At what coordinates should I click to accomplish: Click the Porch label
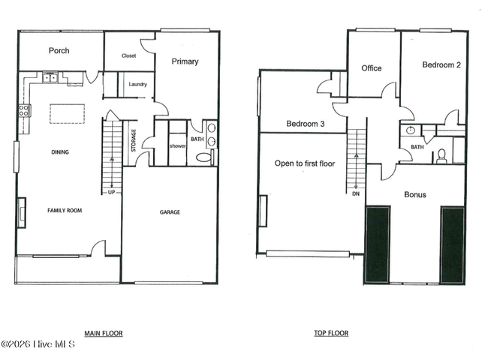[59, 50]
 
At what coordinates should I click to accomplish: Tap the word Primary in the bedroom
[185, 61]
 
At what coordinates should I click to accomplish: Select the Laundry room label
[137, 84]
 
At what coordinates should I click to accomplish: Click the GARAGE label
[170, 212]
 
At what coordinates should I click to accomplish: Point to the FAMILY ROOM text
[65, 211]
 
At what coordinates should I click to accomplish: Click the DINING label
[60, 152]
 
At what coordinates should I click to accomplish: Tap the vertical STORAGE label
[134, 140]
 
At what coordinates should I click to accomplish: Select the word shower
[178, 145]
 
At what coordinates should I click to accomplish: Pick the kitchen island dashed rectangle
[68, 114]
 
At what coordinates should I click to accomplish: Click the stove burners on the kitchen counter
[24, 111]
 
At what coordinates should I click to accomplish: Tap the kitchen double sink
[50, 77]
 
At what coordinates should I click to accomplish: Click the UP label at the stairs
[111, 193]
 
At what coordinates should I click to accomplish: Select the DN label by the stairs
[356, 193]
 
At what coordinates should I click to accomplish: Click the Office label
[372, 68]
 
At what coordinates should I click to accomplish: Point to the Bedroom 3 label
[306, 124]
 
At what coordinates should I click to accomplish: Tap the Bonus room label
[415, 194]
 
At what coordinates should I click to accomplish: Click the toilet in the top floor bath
[441, 156]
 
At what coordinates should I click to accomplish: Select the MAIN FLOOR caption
[104, 334]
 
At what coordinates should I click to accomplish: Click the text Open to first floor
[305, 163]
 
